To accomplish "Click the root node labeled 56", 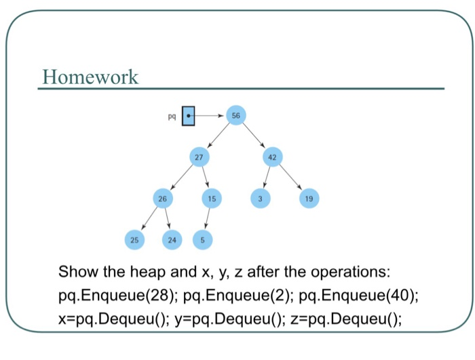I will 235,116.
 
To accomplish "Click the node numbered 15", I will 212,199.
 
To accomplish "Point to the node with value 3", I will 260,199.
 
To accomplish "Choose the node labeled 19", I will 309,199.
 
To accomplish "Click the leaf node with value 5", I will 202,239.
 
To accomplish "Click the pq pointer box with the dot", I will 189,116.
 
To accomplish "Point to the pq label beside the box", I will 172,117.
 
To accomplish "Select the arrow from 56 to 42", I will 255,137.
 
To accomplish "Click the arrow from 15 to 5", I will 207,220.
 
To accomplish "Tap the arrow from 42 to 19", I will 291,178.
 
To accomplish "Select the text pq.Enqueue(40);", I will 358,296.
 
